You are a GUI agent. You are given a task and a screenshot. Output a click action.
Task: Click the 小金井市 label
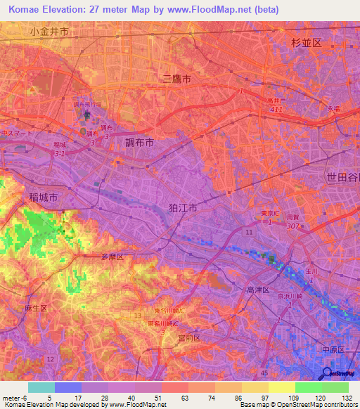tap(49, 32)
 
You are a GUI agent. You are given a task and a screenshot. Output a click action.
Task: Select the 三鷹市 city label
tap(176, 79)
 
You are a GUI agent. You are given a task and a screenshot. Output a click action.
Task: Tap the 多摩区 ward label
tap(112, 258)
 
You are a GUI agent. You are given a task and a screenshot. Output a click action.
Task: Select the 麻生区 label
tap(34, 309)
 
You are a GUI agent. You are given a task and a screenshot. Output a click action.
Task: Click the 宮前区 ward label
tap(188, 338)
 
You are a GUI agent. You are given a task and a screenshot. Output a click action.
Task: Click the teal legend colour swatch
tap(41, 387)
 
